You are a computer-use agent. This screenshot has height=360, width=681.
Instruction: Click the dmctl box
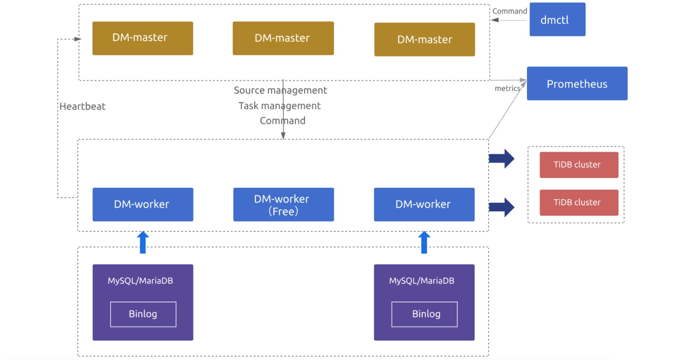(x=557, y=19)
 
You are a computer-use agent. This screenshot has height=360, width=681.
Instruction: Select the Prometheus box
(x=577, y=84)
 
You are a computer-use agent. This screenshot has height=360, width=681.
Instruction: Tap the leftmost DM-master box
(x=142, y=38)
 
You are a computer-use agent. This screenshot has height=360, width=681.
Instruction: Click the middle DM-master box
(x=283, y=38)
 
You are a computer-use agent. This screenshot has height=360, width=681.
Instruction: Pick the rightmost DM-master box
(x=424, y=39)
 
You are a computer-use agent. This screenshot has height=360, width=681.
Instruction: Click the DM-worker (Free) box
(x=283, y=204)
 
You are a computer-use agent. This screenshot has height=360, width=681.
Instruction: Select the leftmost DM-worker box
(x=143, y=204)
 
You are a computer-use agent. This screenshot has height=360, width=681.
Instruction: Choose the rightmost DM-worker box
(x=424, y=204)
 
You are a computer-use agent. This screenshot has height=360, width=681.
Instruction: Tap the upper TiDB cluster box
(x=578, y=164)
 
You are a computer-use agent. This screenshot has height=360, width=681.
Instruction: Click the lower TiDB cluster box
(x=578, y=202)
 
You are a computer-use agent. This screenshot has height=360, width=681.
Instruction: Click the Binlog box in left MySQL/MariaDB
(x=143, y=314)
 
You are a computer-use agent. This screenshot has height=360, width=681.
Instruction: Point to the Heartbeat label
(x=82, y=106)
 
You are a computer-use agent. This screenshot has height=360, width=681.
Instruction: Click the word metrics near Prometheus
(x=507, y=88)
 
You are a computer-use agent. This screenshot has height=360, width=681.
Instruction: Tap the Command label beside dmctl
(x=509, y=11)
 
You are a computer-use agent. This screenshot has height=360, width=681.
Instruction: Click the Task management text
(x=279, y=106)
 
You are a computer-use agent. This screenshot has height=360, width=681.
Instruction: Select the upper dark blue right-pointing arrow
(x=501, y=159)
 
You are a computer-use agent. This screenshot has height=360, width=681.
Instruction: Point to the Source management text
(x=280, y=90)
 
